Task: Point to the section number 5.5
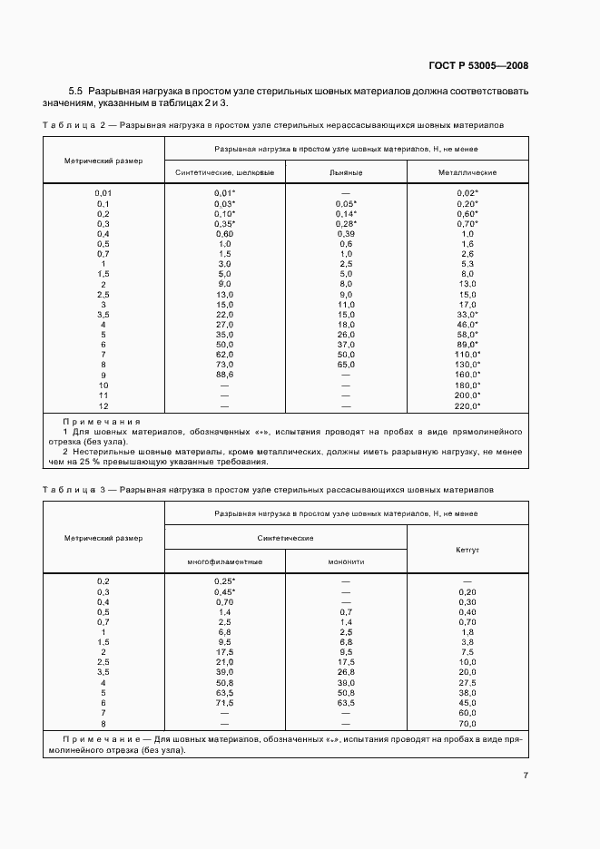[75, 93]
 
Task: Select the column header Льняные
[346, 171]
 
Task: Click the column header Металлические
[467, 171]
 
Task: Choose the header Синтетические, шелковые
[224, 171]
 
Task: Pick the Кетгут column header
[467, 550]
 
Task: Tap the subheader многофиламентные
[224, 561]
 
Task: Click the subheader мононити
[346, 561]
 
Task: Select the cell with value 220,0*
[467, 406]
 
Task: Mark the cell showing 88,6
[224, 374]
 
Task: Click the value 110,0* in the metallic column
[467, 354]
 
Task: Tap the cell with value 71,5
[224, 702]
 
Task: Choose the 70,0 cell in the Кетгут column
[467, 724]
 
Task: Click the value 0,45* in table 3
[224, 591]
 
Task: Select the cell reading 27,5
[467, 680]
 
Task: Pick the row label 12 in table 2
[103, 406]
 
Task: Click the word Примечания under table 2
[101, 422]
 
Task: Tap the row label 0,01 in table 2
[103, 193]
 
